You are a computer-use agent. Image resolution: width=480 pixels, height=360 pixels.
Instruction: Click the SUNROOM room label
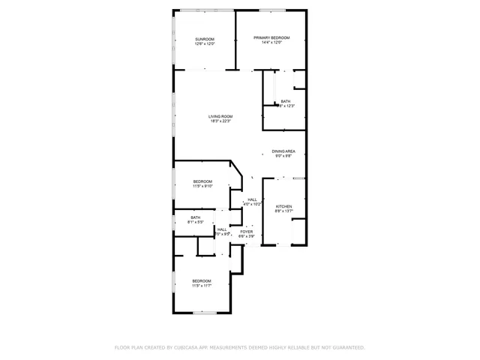205,39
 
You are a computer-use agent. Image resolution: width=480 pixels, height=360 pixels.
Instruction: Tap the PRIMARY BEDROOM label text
271,37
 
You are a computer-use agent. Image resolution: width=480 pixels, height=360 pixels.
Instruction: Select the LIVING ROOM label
220,116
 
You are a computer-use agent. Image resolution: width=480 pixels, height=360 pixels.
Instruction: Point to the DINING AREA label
283,151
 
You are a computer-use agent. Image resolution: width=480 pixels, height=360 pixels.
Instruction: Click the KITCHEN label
283,206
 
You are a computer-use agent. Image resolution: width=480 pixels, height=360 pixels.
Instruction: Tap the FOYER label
246,232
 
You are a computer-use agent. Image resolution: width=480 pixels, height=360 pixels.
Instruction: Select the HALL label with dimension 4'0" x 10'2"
252,199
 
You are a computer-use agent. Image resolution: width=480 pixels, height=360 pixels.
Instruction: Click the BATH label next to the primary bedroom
285,101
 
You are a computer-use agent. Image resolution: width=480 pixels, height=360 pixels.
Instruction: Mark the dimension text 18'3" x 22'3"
220,121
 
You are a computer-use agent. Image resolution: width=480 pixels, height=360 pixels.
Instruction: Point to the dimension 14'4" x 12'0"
271,43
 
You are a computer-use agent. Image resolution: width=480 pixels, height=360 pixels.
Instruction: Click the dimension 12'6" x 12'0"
205,44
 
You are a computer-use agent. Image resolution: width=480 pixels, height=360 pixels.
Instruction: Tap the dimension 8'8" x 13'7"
283,211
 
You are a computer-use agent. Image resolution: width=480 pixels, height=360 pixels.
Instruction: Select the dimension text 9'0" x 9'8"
283,156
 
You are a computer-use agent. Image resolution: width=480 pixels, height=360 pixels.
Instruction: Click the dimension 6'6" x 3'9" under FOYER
246,236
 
